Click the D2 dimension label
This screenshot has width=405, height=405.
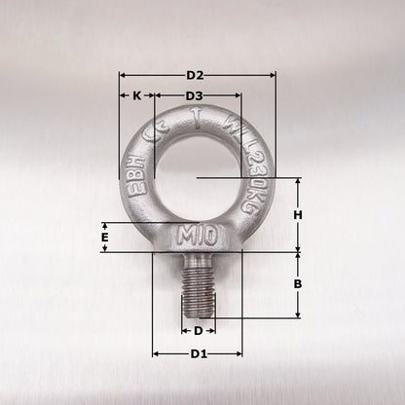(195, 75)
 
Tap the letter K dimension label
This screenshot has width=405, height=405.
(136, 95)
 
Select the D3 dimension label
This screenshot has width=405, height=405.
(194, 95)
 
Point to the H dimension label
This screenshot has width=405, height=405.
(299, 215)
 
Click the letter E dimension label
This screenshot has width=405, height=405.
(104, 237)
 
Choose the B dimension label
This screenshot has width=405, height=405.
(299, 284)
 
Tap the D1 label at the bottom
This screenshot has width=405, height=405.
(198, 352)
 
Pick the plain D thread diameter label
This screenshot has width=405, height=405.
(198, 331)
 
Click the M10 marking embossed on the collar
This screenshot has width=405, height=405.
(198, 237)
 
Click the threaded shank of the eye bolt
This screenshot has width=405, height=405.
(198, 287)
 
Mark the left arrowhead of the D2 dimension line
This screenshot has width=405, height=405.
(123, 75)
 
